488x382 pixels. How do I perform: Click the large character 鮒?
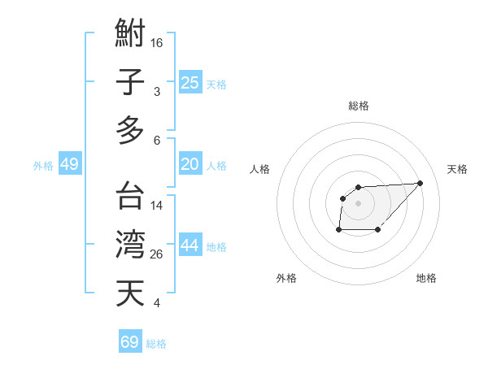(130, 35)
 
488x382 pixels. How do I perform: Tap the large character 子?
(130, 83)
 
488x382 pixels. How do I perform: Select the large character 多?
(130, 130)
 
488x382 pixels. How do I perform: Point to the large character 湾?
(130, 244)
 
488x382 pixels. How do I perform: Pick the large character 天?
(130, 293)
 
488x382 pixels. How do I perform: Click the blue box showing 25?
(190, 82)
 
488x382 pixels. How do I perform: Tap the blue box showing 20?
(190, 164)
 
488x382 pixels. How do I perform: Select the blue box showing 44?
(190, 245)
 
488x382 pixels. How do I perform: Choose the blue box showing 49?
(69, 164)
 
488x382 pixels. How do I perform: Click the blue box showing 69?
(130, 342)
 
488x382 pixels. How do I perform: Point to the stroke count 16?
(157, 42)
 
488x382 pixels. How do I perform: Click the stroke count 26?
(157, 254)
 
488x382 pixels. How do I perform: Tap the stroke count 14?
(157, 206)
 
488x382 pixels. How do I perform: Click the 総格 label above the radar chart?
(358, 106)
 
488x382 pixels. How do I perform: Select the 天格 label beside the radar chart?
(458, 169)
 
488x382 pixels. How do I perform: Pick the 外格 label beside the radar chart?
(286, 279)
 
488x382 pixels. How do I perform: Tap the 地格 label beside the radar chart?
(426, 279)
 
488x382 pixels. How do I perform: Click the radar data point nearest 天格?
(420, 183)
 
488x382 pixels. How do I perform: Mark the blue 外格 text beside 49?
(43, 166)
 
